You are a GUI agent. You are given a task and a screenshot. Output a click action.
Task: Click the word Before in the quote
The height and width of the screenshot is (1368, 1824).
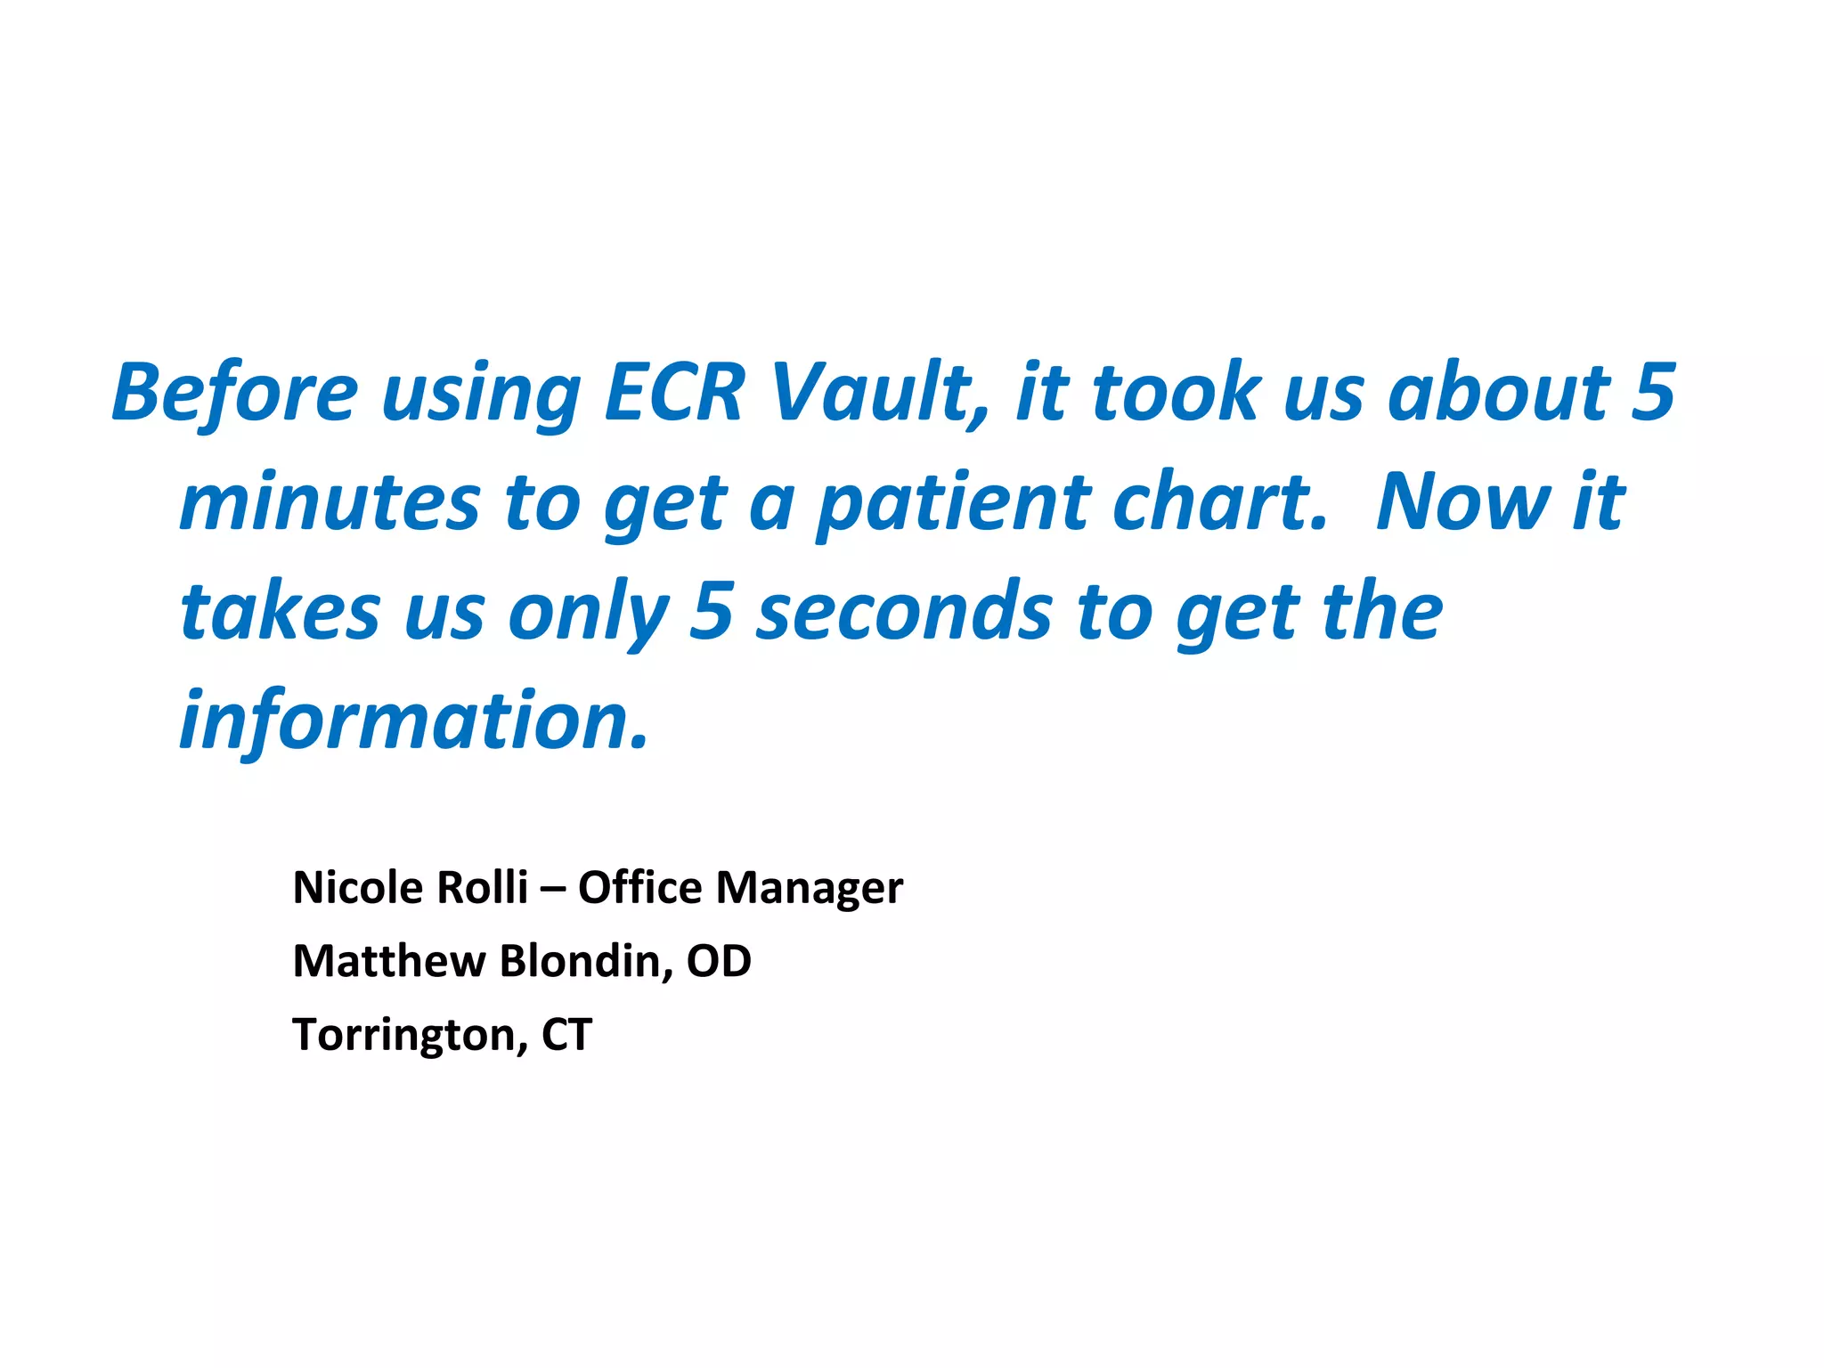234,393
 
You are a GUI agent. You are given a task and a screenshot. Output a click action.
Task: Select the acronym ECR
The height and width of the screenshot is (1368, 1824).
673,393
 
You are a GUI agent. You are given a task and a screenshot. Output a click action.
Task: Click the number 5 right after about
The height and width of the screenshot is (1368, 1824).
1653,393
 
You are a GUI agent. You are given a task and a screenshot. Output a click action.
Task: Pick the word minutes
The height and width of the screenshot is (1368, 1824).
330,503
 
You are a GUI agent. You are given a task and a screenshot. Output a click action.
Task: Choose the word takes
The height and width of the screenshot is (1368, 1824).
280,613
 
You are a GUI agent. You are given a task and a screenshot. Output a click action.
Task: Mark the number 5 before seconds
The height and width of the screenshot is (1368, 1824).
711,613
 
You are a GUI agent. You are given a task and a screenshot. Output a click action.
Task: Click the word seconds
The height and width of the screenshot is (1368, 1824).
905,613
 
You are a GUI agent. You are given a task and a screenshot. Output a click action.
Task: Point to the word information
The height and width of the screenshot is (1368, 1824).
414,721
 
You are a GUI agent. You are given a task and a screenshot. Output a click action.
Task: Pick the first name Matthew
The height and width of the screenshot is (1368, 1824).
389,962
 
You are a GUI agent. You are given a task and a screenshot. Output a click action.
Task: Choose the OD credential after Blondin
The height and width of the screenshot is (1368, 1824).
719,962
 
